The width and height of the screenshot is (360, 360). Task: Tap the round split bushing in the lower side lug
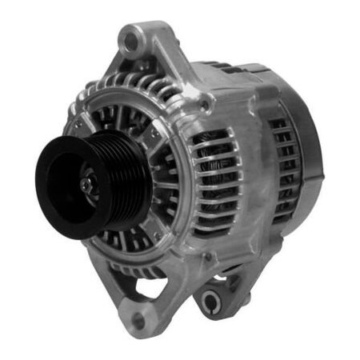pos(212,301)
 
